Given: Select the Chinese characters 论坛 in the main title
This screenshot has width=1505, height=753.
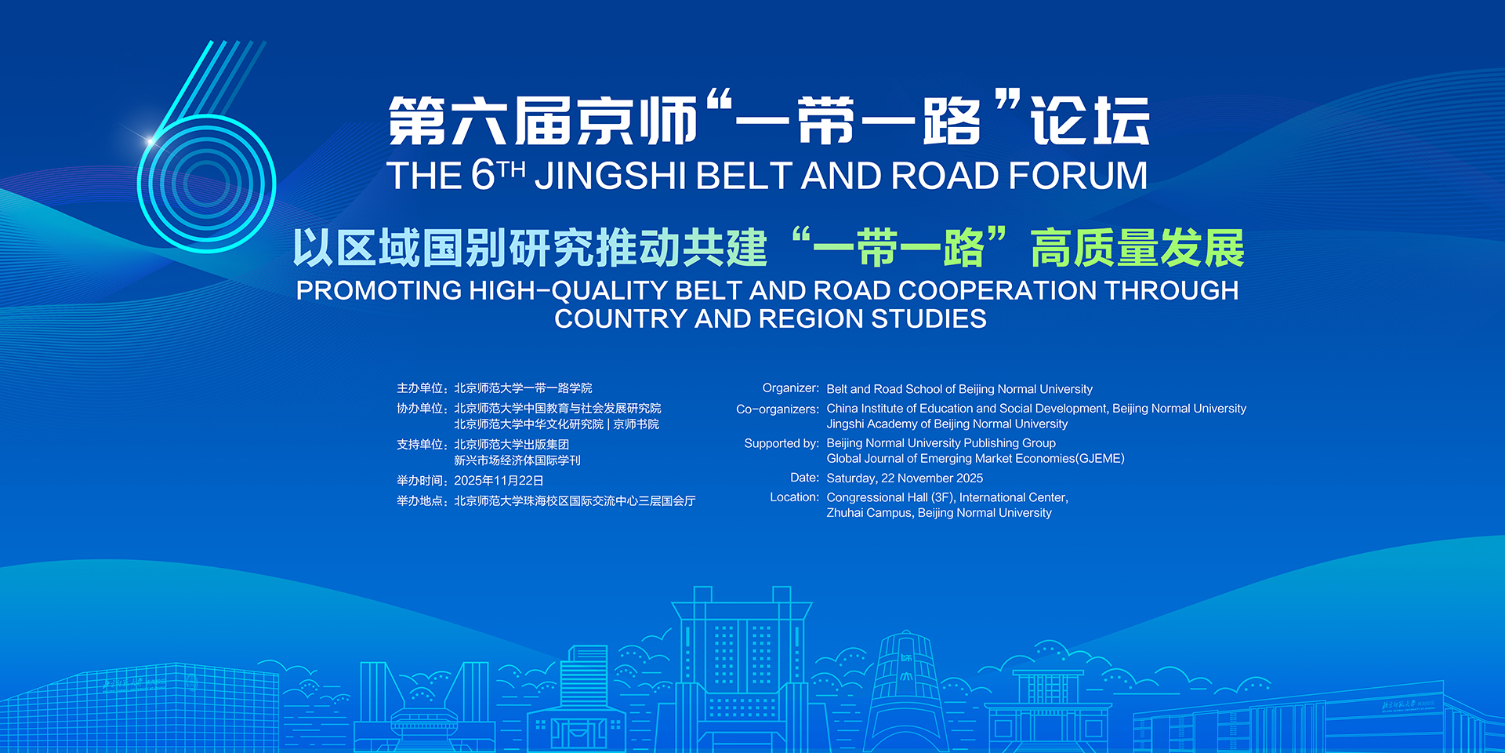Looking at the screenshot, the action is (1090, 121).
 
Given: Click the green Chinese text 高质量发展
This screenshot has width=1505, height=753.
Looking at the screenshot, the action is (1137, 249).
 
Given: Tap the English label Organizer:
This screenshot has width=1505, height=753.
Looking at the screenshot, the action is (791, 388).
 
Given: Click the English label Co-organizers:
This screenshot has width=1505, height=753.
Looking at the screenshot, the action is (778, 409).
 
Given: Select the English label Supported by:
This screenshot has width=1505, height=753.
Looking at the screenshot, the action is (782, 443).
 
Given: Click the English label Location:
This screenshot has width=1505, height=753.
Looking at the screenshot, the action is (795, 497).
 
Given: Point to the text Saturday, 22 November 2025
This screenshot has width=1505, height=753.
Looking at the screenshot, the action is (905, 478).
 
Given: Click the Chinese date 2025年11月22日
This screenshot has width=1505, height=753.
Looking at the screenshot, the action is (499, 481).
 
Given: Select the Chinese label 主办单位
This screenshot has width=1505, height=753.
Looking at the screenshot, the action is (420, 388).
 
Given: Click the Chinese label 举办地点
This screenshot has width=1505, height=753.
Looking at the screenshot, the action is (420, 501).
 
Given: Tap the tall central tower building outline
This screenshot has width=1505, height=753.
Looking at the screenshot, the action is (742, 667).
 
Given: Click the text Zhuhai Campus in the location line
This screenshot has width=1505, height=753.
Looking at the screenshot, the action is (869, 513).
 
